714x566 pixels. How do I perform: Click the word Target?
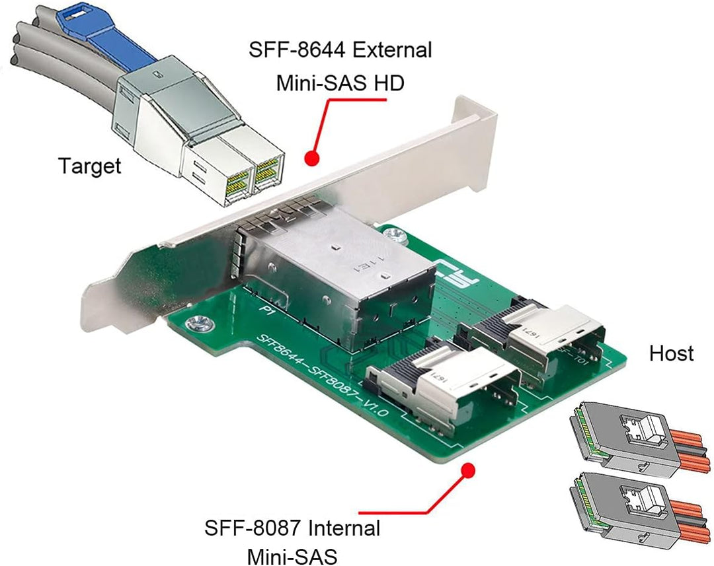(90, 165)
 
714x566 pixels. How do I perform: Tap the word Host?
(671, 353)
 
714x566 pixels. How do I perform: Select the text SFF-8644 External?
(340, 50)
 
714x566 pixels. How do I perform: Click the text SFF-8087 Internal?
(292, 528)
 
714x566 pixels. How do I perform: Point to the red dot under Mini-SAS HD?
(313, 158)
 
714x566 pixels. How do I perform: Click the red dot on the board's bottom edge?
(469, 470)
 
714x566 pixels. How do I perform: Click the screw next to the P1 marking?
(196, 324)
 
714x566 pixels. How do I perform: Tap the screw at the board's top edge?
(395, 233)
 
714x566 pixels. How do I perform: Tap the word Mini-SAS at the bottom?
(292, 556)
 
